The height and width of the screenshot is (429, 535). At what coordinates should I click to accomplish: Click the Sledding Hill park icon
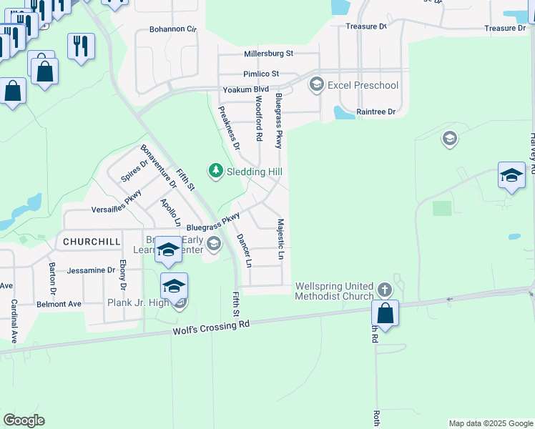tap(215, 171)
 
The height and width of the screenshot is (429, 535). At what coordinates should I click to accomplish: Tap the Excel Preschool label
tap(363, 86)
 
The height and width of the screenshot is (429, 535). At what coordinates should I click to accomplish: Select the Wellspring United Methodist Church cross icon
tap(384, 290)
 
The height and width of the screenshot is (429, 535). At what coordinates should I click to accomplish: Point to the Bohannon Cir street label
tap(172, 29)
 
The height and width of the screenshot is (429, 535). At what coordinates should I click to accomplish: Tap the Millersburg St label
tap(268, 54)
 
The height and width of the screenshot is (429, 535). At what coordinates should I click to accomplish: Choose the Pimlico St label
tap(260, 74)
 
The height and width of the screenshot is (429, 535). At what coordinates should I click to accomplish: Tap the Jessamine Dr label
tap(91, 271)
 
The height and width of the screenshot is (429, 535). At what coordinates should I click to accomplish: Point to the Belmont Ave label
tap(59, 304)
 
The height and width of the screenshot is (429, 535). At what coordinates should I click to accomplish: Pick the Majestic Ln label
tap(281, 240)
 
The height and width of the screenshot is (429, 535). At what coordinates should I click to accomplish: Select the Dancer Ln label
tap(244, 250)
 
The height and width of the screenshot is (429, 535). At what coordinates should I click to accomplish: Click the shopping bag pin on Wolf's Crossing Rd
tap(385, 313)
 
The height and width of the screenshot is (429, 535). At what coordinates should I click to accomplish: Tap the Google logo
tap(24, 420)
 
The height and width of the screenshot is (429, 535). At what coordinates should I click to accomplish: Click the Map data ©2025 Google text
tap(490, 423)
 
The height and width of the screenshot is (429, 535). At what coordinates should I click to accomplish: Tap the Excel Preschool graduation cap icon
tap(316, 85)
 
